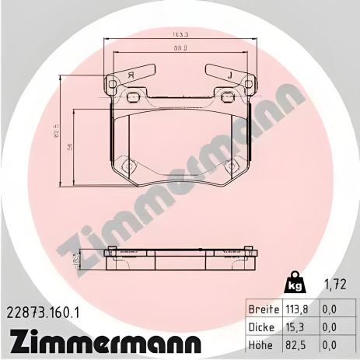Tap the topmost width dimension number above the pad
[181, 34]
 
